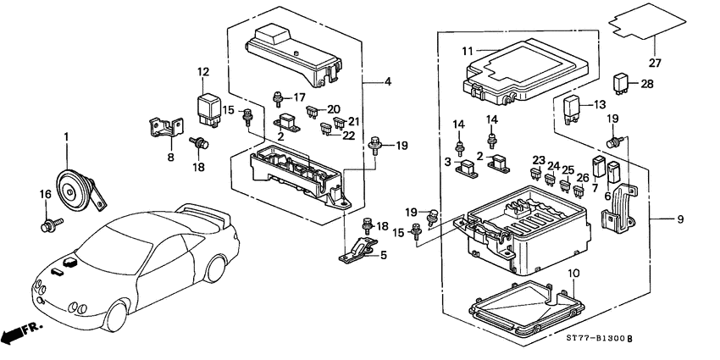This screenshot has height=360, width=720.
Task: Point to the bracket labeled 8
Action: pos(167,126)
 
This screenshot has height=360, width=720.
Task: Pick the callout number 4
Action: pos(387,82)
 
